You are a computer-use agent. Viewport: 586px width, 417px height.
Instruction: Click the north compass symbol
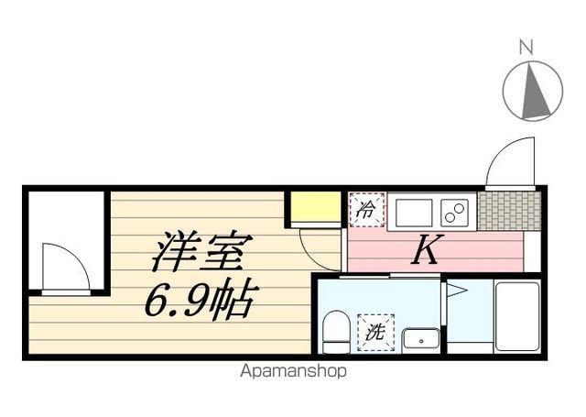[x=533, y=90]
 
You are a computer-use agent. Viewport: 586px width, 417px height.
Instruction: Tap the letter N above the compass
[x=526, y=45]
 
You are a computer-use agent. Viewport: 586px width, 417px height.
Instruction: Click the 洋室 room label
[x=200, y=250]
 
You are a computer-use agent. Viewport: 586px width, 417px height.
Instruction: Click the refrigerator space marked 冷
[x=365, y=209]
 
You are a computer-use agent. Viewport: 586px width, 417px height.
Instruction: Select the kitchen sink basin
[x=414, y=212]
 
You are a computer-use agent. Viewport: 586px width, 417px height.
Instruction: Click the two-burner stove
[x=454, y=212]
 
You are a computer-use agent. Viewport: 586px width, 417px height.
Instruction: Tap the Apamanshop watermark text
[x=293, y=372]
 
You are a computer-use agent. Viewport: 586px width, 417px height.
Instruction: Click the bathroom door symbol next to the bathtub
[x=456, y=291]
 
